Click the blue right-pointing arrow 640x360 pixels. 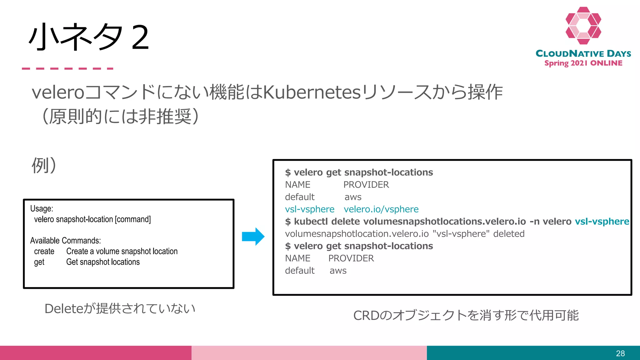pos(253,237)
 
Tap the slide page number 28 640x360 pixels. pos(620,353)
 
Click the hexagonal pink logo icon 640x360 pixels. pos(583,26)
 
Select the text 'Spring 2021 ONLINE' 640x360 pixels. pos(583,63)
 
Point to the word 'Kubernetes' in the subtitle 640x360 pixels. pos(312,92)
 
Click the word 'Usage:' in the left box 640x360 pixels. pos(42,208)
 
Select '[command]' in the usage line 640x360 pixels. pos(133,219)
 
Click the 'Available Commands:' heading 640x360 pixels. pos(65,241)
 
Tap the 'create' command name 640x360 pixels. pos(44,252)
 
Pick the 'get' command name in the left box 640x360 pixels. pos(39,262)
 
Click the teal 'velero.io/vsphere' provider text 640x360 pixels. pos(381,209)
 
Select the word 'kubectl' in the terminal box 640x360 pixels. pos(311,222)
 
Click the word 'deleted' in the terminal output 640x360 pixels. pos(509,234)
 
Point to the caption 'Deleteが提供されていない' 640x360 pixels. pos(120,309)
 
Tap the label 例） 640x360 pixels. pos(44,165)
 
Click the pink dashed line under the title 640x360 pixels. pos(67,68)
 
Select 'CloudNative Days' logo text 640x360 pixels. pos(583,54)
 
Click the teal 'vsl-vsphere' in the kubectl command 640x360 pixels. pos(602,222)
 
